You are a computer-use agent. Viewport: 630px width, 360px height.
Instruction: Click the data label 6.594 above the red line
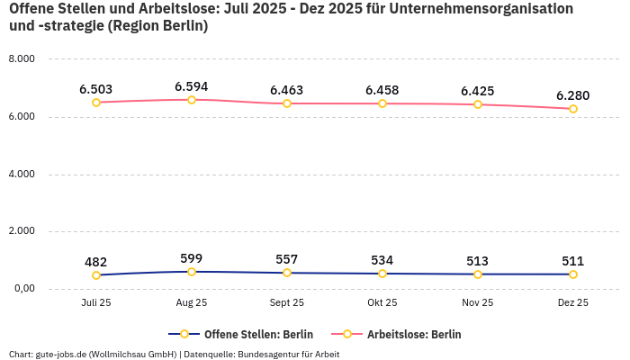point(192,86)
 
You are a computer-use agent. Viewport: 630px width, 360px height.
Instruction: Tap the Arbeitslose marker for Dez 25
point(573,109)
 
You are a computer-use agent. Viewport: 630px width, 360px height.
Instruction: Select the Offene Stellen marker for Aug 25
point(192,272)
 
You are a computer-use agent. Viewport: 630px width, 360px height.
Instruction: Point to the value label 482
point(96,262)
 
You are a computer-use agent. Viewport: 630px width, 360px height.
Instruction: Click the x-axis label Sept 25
point(287,303)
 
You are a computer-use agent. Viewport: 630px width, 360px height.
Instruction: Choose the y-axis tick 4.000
point(21,174)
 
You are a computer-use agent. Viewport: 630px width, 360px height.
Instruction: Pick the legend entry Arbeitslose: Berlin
point(414,334)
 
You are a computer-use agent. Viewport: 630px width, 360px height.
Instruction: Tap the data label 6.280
point(573,95)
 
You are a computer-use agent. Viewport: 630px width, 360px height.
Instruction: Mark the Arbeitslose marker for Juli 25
point(96,103)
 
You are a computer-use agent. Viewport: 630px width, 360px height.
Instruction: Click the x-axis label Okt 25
point(382,303)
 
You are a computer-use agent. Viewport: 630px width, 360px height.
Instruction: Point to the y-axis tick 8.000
point(21,58)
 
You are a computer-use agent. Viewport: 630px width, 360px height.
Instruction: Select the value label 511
point(573,261)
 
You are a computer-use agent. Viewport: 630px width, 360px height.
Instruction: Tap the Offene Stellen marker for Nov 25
point(478,274)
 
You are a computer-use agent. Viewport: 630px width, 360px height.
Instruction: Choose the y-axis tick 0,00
point(22,289)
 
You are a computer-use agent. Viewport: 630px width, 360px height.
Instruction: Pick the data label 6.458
point(382,90)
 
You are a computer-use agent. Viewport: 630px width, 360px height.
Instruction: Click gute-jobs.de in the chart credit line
point(60,354)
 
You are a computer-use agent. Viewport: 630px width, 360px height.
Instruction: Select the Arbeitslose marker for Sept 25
point(287,103)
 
